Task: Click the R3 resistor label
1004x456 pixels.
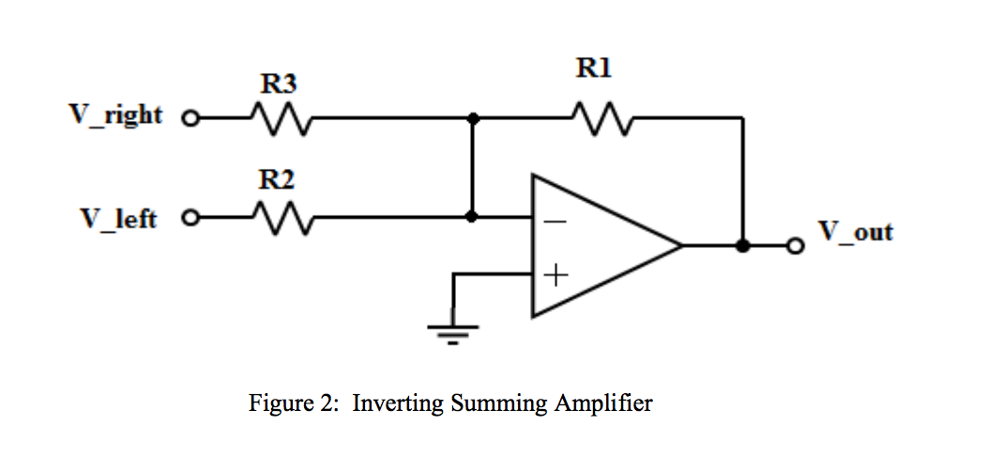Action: (278, 84)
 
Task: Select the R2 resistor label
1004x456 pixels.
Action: (278, 180)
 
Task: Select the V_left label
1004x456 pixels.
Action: (119, 219)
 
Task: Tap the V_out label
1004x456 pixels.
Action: (856, 231)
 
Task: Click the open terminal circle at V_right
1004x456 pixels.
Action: (190, 119)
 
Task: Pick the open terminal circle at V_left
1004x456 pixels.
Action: (190, 218)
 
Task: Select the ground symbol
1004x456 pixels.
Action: (453, 330)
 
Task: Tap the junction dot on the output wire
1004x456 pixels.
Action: (743, 246)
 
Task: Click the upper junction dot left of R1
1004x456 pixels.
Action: (473, 118)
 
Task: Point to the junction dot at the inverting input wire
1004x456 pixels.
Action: (473, 217)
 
